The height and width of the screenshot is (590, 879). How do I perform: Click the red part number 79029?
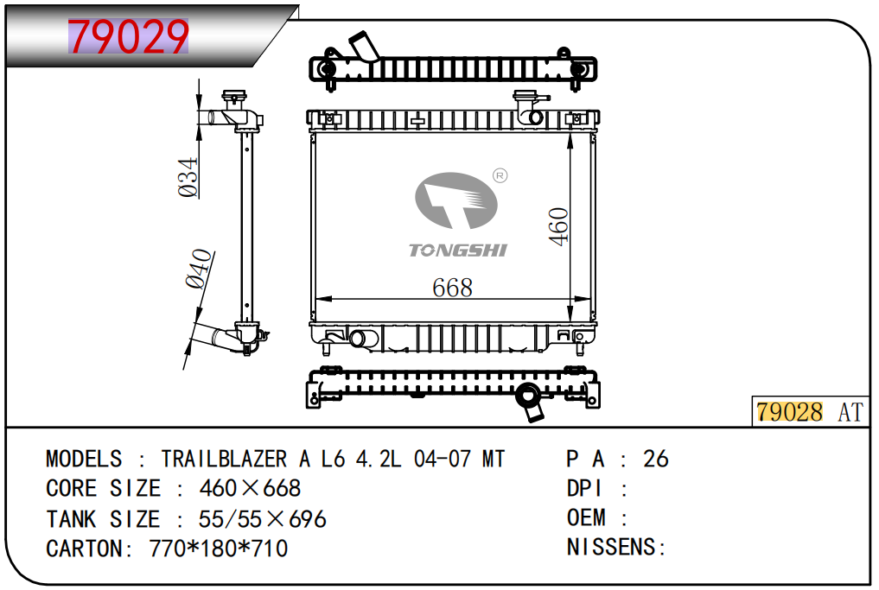[128, 37]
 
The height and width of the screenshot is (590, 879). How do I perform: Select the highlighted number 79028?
[790, 412]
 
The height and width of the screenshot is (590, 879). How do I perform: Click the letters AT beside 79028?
[850, 412]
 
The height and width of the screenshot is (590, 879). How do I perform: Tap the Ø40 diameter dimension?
[198, 269]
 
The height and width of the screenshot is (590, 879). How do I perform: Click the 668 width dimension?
[452, 287]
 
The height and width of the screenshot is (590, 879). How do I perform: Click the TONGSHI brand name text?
[457, 251]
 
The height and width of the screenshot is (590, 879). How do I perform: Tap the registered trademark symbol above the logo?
[499, 176]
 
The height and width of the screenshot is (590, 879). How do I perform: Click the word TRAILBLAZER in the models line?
[225, 459]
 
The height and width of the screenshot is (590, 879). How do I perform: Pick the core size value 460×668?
[250, 488]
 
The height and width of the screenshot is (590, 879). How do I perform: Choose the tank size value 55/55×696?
[263, 518]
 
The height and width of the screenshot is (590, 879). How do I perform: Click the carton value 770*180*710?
[219, 549]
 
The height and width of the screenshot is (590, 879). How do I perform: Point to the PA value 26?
[656, 459]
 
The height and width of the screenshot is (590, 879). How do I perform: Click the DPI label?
[586, 488]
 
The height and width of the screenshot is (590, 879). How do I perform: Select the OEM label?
[586, 518]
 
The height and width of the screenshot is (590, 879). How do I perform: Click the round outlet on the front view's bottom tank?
[359, 338]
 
